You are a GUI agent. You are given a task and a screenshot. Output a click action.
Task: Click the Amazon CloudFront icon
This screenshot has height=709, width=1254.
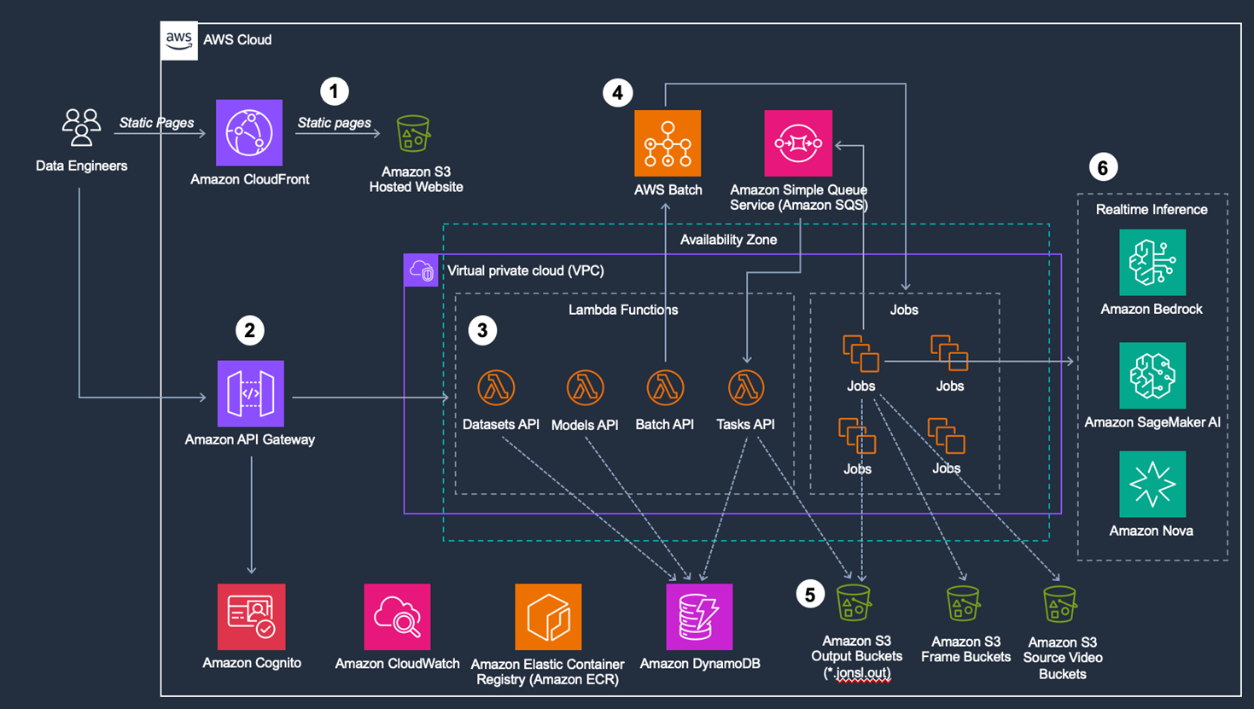pos(249,133)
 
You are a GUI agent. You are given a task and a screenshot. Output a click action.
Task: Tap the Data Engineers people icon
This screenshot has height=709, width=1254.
pos(81,127)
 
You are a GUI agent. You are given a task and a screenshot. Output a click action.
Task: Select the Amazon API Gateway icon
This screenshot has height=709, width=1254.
pos(250,393)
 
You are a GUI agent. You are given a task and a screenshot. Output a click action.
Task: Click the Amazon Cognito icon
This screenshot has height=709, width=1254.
pos(251,617)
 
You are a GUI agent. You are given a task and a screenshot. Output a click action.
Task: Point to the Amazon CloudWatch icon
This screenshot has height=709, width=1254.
pos(397,617)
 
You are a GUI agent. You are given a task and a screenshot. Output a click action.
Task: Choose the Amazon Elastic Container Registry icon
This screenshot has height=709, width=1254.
pos(548,617)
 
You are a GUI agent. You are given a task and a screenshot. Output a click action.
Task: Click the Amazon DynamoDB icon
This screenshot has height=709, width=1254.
pos(699,617)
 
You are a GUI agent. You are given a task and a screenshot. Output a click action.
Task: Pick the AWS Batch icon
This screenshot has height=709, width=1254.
pos(668,143)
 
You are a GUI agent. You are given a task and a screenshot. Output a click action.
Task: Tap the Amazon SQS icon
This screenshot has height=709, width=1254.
pos(798,143)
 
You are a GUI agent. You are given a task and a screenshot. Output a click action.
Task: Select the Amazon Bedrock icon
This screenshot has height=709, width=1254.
pos(1152,262)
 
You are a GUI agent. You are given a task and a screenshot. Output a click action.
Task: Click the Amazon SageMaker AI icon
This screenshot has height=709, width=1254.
pos(1152,375)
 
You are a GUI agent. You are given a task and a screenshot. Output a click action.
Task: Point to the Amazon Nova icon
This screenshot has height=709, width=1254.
pos(1152,484)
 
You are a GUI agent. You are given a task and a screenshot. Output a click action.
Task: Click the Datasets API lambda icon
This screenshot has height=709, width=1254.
pos(496,387)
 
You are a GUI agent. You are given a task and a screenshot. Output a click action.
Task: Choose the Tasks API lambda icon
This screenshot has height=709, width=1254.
pos(746,387)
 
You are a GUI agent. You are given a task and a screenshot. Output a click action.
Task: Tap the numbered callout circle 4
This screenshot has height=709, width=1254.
pos(618,92)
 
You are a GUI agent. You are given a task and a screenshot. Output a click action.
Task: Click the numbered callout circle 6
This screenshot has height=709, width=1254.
pos(1103,167)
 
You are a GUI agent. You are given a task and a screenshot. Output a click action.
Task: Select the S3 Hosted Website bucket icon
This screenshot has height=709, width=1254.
pos(414,134)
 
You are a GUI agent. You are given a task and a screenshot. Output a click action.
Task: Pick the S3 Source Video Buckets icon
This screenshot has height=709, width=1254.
pos(1060,604)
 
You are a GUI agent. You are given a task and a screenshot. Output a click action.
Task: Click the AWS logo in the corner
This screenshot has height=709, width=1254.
pos(179,40)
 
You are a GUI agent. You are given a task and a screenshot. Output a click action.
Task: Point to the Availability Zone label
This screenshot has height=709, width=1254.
pos(728,240)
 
